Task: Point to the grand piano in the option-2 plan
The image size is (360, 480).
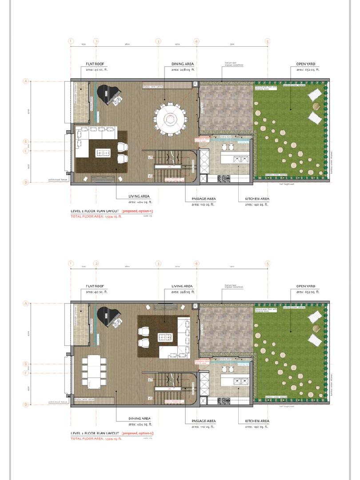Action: click(109, 317)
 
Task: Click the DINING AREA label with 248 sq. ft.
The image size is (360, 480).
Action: click(183, 64)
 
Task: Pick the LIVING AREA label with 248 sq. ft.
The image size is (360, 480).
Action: click(182, 286)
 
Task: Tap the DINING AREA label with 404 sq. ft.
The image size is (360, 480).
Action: click(139, 418)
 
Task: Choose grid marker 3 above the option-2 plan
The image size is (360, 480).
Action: click(158, 263)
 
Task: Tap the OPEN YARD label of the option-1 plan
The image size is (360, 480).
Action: click(306, 64)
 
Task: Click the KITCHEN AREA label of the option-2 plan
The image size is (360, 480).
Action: click(257, 420)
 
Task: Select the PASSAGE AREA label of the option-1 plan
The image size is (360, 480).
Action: click(204, 199)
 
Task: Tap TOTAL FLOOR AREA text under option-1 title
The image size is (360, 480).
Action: click(96, 216)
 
